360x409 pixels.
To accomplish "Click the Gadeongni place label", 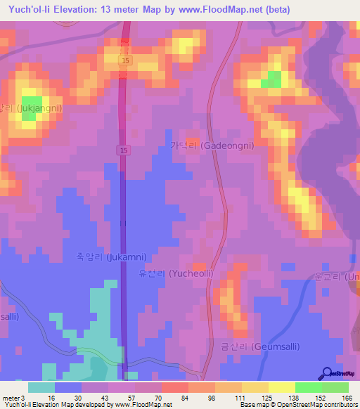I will (212, 145).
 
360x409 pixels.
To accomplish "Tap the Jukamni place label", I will (102, 257).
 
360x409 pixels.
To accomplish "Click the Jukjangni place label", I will (32, 108).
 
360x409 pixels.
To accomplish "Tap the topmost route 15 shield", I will (124, 61).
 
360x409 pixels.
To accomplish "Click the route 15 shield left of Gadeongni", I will (122, 150).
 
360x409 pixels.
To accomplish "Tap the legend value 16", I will (51, 397).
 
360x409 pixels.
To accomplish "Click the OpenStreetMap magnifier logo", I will (328, 373).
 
